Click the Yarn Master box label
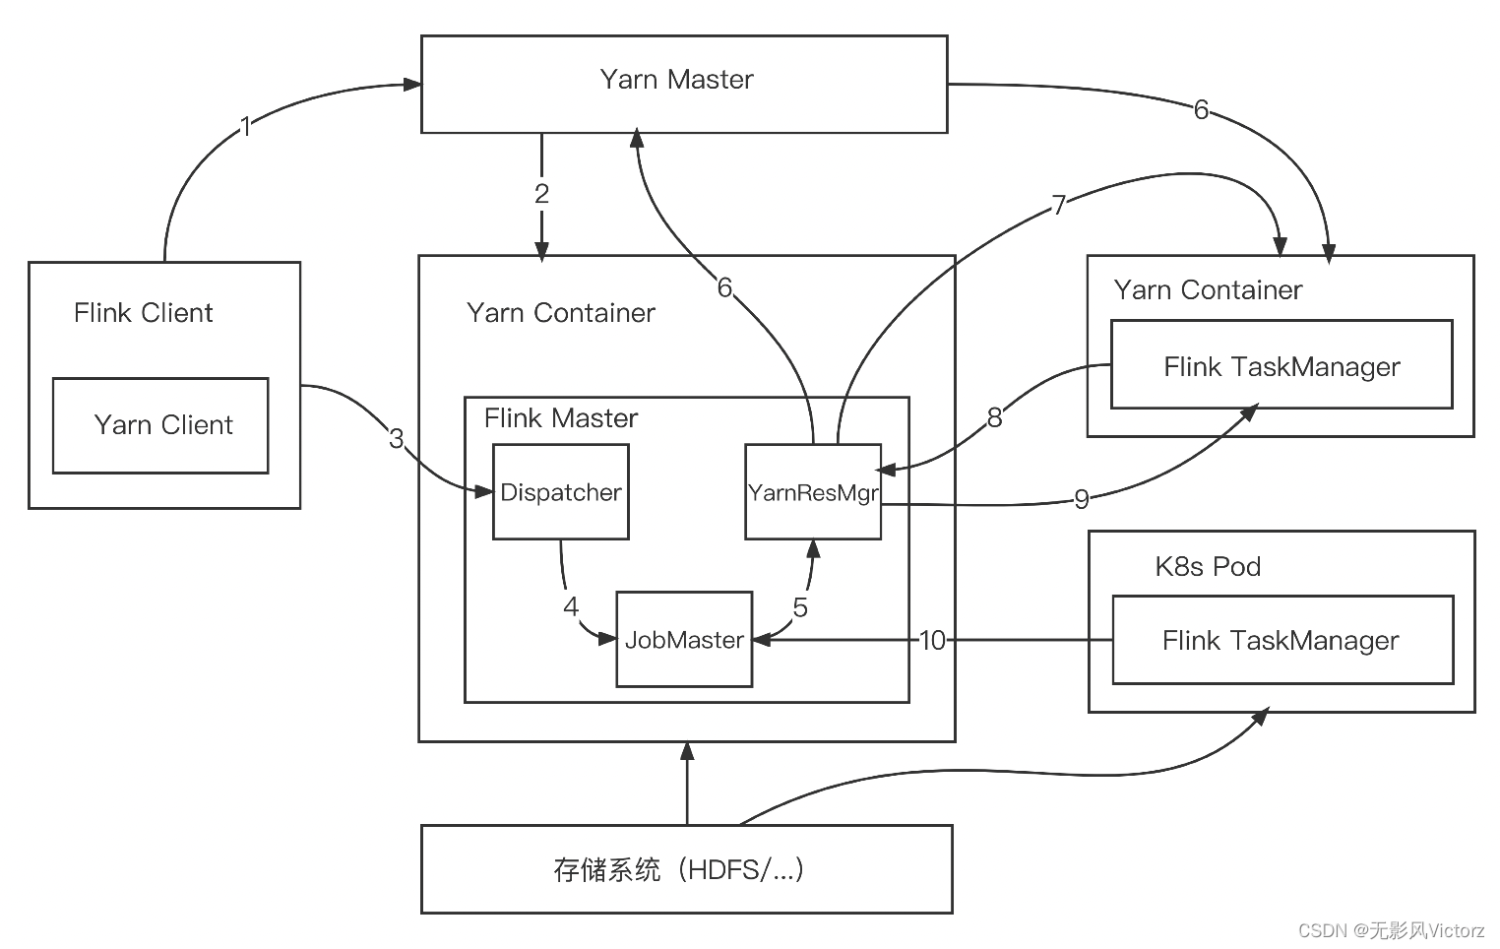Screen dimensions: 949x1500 676,80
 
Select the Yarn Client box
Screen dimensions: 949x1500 160,425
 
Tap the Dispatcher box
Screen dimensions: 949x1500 560,492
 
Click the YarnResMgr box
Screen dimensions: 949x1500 812,492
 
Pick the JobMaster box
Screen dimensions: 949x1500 684,640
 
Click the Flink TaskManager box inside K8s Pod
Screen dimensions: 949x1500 1281,641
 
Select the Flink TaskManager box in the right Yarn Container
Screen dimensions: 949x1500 1281,367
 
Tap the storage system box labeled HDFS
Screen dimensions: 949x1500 686,869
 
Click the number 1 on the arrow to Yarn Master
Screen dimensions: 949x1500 246,126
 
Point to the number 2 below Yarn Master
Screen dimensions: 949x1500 541,194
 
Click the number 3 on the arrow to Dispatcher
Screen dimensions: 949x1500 396,438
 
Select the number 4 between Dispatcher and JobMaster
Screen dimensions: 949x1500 571,606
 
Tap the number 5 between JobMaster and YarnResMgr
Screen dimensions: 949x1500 800,607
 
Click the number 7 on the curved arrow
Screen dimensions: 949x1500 1059,205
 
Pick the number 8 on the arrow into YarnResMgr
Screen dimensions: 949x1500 994,417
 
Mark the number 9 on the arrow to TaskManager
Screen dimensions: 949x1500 1081,499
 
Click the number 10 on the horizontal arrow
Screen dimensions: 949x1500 931,641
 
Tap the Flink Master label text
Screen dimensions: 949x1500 560,418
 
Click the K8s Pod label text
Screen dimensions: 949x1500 1208,567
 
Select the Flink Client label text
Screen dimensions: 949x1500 143,313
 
